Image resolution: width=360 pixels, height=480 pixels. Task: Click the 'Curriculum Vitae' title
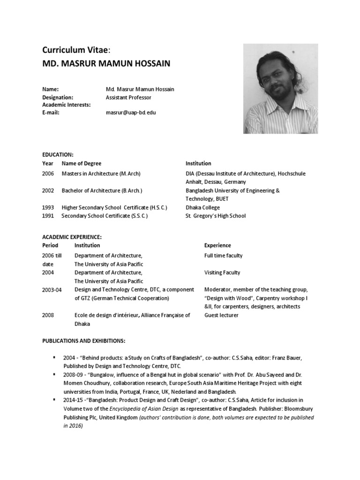77,50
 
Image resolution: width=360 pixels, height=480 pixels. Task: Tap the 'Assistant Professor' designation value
128,97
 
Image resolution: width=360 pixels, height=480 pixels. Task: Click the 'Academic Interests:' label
67,105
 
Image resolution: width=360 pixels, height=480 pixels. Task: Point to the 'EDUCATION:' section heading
58,154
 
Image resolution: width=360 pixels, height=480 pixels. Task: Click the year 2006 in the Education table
48,173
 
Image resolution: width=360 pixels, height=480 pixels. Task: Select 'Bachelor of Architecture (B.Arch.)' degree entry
102,191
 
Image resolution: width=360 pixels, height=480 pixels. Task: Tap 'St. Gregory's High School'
215,216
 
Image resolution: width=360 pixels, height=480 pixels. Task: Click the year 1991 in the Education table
48,216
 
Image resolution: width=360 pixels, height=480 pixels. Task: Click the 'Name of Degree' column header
81,164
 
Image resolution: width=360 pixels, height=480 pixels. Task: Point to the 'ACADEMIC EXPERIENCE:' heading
72,237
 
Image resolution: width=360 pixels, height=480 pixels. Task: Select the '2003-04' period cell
52,290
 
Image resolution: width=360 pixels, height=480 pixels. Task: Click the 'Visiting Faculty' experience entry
222,273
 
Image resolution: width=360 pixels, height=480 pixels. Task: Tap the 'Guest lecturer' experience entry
221,315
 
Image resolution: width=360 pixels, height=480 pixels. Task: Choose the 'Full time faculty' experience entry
223,256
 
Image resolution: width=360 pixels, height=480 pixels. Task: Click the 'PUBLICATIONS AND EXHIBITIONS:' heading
84,340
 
